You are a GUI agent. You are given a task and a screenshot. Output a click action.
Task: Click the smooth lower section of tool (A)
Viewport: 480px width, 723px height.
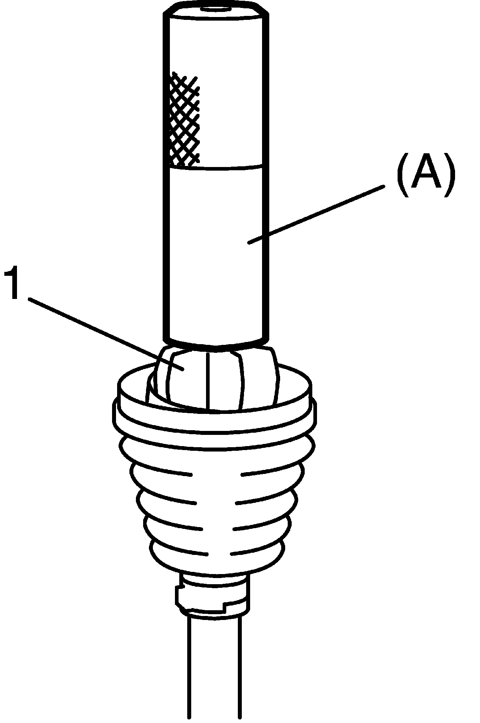(216, 253)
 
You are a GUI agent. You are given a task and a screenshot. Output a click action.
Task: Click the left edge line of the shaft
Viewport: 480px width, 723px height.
(188, 669)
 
